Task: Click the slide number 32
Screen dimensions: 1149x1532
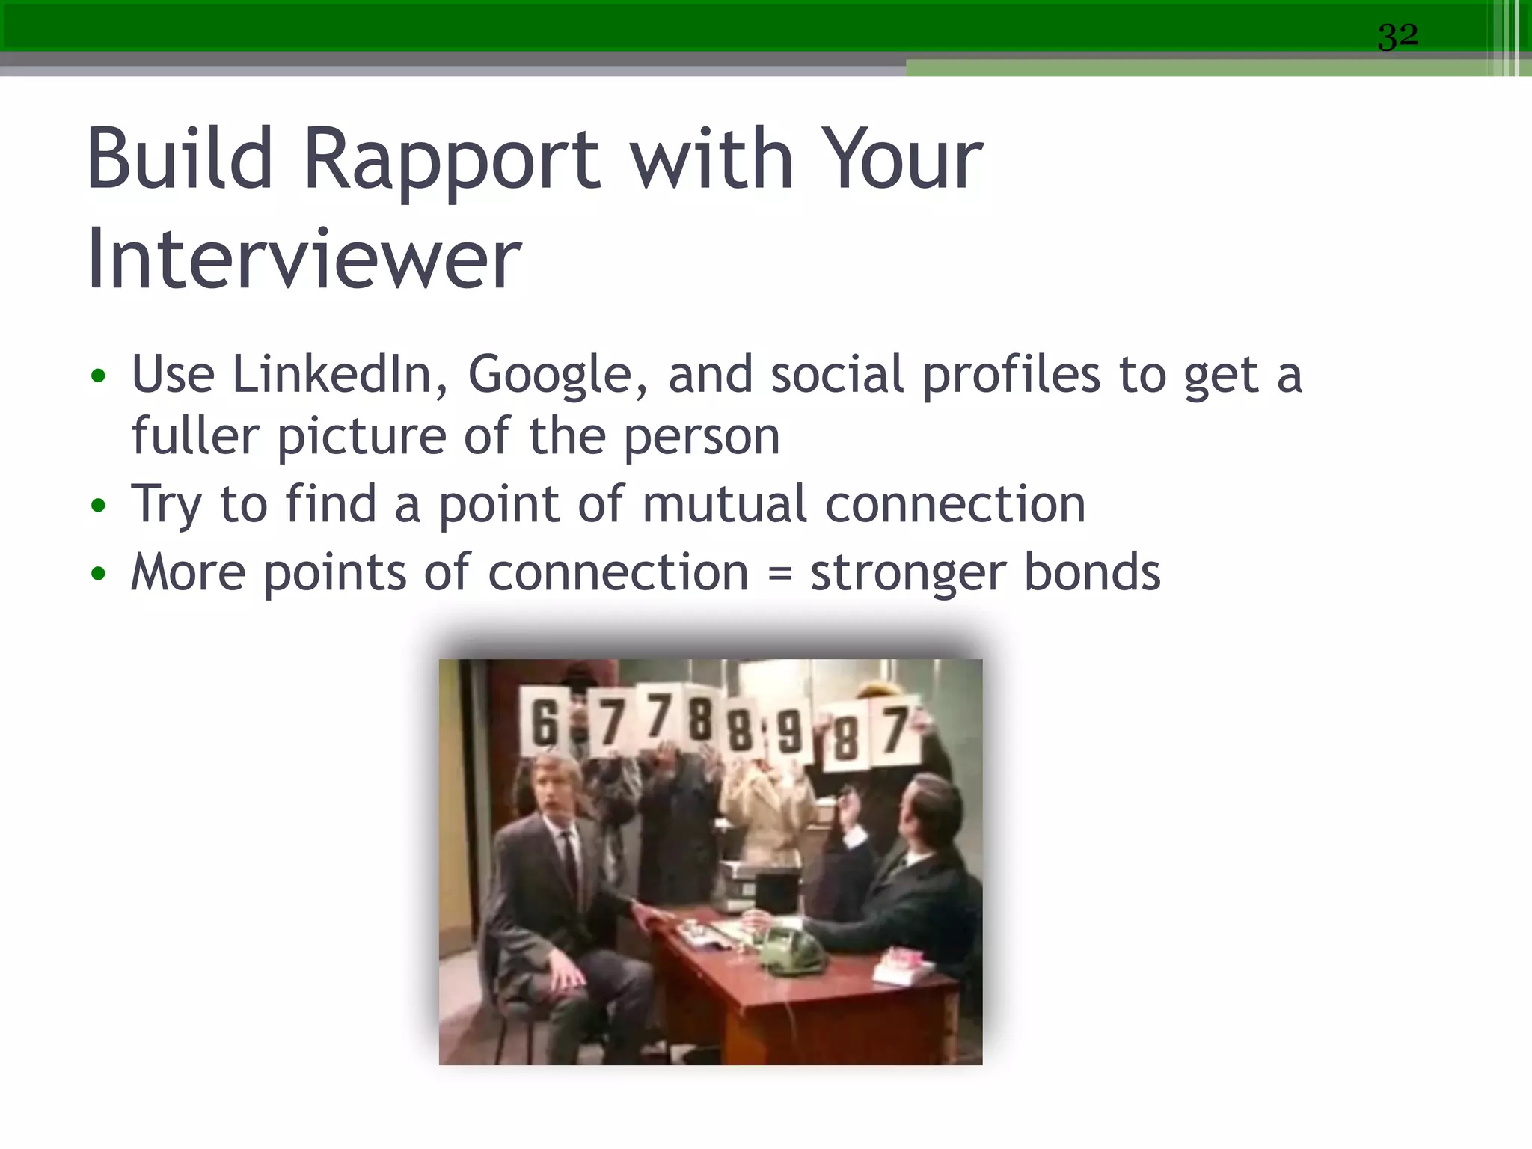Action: coord(1397,36)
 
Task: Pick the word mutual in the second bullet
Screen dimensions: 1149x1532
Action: coord(724,504)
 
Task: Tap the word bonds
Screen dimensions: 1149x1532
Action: coord(1091,572)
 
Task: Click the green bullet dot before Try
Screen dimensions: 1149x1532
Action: coord(98,506)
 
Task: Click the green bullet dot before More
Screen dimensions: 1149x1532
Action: coord(98,574)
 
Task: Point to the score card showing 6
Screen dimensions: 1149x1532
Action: coord(544,723)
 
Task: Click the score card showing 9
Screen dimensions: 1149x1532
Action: coord(789,732)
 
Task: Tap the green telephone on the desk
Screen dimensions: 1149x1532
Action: coord(793,953)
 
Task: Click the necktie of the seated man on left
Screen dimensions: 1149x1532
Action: coord(571,868)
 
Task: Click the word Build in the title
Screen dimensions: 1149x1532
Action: coord(180,159)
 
